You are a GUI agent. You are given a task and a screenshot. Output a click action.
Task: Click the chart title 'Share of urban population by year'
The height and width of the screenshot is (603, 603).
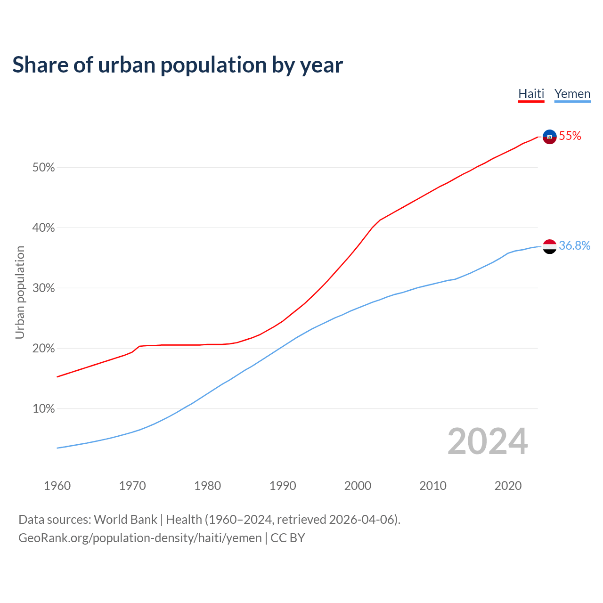178,65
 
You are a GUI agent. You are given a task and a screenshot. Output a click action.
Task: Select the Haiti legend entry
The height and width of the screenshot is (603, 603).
531,94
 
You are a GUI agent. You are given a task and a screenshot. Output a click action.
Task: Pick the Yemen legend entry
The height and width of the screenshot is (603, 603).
572,94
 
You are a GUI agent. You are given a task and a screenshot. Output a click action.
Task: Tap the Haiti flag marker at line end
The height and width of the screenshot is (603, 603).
549,137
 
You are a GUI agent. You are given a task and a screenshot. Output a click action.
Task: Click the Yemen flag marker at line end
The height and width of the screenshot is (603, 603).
549,246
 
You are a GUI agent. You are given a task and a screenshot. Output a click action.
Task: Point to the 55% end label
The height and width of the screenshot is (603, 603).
570,136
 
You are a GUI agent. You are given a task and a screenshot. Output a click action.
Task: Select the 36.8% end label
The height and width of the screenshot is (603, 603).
574,245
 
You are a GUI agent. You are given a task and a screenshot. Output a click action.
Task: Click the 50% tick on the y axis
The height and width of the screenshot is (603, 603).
43,168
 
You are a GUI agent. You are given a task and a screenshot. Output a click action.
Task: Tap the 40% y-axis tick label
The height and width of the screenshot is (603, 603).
43,228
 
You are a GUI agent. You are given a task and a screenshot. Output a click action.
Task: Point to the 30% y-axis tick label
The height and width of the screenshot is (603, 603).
43,288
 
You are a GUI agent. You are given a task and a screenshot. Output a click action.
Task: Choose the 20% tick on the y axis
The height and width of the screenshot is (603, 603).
43,349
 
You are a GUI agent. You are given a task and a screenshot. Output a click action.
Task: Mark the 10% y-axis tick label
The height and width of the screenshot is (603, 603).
43,409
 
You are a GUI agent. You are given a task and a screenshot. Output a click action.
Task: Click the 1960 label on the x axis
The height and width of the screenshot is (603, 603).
57,486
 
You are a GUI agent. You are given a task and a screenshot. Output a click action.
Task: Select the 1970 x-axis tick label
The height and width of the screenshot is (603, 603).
132,486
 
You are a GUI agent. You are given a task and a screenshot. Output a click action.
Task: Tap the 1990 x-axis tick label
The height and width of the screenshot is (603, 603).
283,486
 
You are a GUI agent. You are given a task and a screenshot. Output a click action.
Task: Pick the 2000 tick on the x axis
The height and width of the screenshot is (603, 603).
358,486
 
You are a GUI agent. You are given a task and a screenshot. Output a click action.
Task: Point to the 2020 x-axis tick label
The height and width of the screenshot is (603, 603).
508,486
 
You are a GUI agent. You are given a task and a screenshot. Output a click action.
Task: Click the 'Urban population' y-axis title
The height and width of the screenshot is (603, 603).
20,292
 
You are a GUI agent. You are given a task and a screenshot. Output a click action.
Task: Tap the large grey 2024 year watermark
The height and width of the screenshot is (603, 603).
487,441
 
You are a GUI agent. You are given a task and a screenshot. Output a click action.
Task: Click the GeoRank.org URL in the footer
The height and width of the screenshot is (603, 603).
140,538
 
